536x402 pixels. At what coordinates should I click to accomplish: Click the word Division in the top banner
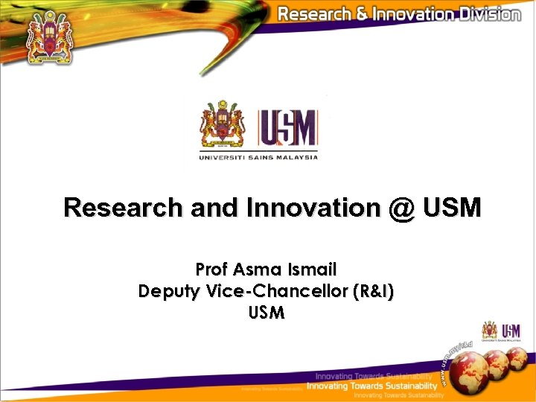tap(483, 14)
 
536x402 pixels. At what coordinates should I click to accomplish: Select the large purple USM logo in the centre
tap(287, 128)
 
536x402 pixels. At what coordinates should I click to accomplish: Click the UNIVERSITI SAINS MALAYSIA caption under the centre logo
tap(258, 157)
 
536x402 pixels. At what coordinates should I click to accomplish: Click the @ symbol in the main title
tap(402, 208)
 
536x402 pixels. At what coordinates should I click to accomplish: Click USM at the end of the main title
tap(453, 208)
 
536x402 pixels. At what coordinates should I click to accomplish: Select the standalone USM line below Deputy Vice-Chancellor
tap(267, 313)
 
